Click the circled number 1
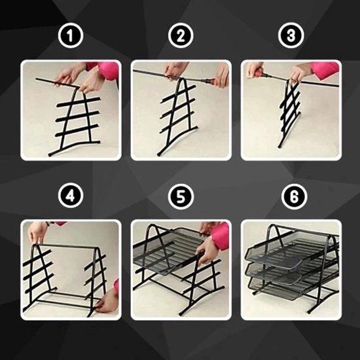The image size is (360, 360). click(x=71, y=35)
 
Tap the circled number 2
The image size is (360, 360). click(x=181, y=35)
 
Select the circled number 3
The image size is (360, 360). click(x=291, y=35)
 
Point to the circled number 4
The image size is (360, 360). click(x=71, y=196)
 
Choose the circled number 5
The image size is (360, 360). click(x=181, y=196)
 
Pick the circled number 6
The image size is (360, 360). click(x=295, y=196)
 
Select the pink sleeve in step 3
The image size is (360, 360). click(x=325, y=67)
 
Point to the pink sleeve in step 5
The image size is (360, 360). click(x=221, y=236)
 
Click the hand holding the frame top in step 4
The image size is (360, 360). click(x=37, y=232)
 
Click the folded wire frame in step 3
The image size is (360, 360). click(x=289, y=113)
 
